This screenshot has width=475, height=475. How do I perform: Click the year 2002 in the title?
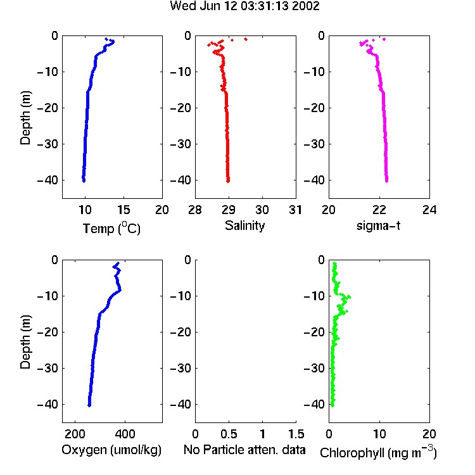tap(306, 6)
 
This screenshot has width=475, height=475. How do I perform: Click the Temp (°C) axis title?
tap(111, 228)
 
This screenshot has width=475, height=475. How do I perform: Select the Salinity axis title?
tap(244, 225)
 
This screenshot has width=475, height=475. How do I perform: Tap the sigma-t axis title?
tap(378, 225)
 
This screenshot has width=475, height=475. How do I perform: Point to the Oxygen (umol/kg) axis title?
tap(111, 450)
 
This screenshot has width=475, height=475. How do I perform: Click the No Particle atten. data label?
tap(244, 450)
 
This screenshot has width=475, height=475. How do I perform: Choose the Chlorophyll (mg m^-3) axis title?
tap(378, 452)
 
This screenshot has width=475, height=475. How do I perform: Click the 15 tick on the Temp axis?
tap(123, 210)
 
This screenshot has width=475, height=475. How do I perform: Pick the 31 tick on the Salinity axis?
tap(295, 210)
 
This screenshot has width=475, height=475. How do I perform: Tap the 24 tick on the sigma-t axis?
tap(429, 210)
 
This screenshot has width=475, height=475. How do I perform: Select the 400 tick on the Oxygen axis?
tap(125, 434)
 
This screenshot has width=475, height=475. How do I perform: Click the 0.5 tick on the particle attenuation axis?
tap(229, 434)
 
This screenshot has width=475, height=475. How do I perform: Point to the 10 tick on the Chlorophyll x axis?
tap(379, 434)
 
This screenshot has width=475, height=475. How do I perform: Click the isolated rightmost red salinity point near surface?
tap(246, 39)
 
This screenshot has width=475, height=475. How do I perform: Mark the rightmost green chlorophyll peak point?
tap(349, 296)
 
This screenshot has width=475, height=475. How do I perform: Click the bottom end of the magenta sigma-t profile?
tap(387, 181)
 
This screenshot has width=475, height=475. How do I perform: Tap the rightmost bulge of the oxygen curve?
tap(120, 290)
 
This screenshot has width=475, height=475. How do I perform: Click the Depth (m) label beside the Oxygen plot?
tap(25, 342)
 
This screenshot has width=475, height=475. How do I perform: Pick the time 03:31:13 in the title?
tap(265, 6)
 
